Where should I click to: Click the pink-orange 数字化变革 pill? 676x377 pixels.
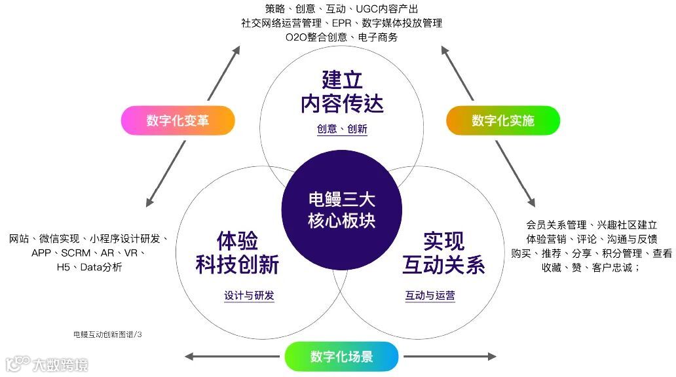178,120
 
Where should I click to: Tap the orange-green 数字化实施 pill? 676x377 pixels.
503,120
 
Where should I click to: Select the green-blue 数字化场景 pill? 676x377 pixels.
341,357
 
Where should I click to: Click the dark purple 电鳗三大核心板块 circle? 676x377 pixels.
341,209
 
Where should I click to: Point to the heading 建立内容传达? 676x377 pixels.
342,91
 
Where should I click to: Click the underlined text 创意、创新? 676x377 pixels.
342,130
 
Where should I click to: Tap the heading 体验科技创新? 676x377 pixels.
237,253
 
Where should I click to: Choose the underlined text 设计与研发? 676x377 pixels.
249,296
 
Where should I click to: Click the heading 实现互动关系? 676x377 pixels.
443,253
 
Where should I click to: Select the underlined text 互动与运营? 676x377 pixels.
430,296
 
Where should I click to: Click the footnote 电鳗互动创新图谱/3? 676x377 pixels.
107,334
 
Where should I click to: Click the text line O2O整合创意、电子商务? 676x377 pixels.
341,37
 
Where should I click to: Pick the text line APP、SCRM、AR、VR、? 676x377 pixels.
88,253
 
